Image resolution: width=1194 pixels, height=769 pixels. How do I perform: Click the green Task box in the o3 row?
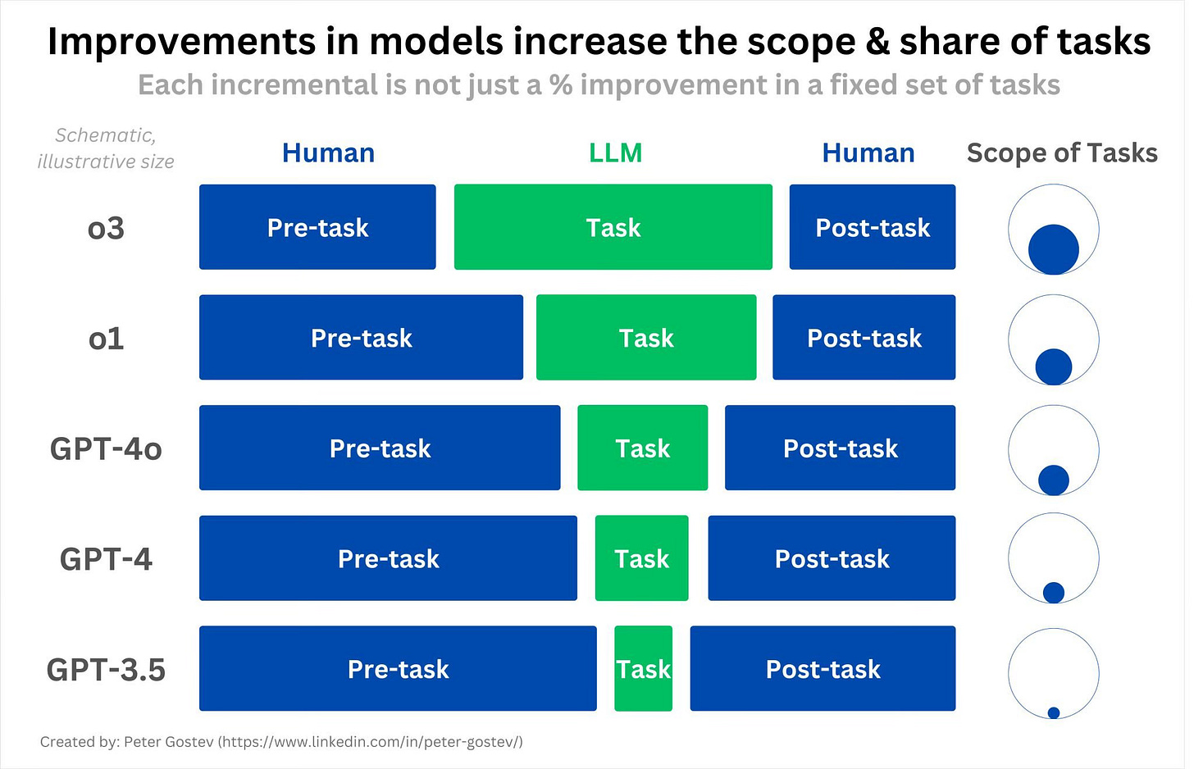(613, 227)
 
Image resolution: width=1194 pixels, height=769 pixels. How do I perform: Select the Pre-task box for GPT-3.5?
(398, 668)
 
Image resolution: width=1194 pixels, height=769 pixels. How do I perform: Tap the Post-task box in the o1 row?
(864, 337)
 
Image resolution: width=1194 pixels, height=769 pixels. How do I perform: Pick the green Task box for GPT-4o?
(642, 448)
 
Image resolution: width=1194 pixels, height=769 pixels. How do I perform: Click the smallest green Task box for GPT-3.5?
(643, 668)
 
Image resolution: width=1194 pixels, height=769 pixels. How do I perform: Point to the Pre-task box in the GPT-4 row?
(388, 558)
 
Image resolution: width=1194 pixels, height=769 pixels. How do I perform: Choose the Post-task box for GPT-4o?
(840, 448)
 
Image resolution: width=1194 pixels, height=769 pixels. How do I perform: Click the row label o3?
(106, 227)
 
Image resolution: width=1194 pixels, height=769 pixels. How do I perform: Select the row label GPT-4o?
(106, 448)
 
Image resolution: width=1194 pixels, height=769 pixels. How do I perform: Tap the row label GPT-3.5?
(106, 669)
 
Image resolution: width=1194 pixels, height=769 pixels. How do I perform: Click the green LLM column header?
(615, 152)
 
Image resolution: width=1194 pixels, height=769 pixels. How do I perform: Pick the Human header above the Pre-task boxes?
(328, 152)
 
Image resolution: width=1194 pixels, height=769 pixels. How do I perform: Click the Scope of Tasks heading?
(1062, 152)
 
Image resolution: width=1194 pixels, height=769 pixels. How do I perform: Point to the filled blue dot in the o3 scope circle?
(1053, 249)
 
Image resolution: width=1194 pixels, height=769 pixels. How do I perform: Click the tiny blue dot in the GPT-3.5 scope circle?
(1054, 712)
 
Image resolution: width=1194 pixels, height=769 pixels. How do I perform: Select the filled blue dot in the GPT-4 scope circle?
(1053, 592)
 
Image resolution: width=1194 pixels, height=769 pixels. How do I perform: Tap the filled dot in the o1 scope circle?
(1053, 366)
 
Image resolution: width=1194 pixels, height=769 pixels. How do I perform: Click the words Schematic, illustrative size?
(106, 148)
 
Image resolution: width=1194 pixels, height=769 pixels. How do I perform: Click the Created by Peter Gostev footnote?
(281, 742)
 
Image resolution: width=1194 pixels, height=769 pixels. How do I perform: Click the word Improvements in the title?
(180, 41)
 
